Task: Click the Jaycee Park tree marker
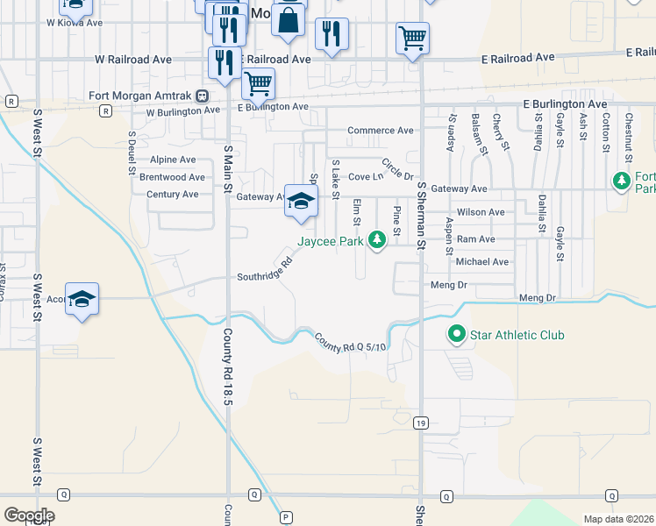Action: pyautogui.click(x=377, y=239)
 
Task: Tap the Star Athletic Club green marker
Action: pyautogui.click(x=456, y=335)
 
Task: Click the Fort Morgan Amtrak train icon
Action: pyautogui.click(x=202, y=96)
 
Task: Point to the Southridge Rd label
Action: pyautogui.click(x=264, y=276)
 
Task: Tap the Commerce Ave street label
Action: pyautogui.click(x=380, y=131)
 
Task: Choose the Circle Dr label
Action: pyautogui.click(x=397, y=168)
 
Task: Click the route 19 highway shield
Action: pyautogui.click(x=421, y=423)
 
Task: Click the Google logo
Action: pyautogui.click(x=29, y=515)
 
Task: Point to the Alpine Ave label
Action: pyautogui.click(x=173, y=160)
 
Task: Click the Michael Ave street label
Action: pyautogui.click(x=481, y=261)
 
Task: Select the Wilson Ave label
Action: pyautogui.click(x=481, y=212)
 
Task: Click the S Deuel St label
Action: pyautogui.click(x=132, y=150)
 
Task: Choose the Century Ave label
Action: pyautogui.click(x=173, y=194)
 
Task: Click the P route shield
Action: pyautogui.click(x=285, y=517)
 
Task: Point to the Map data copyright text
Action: pyautogui.click(x=619, y=519)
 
